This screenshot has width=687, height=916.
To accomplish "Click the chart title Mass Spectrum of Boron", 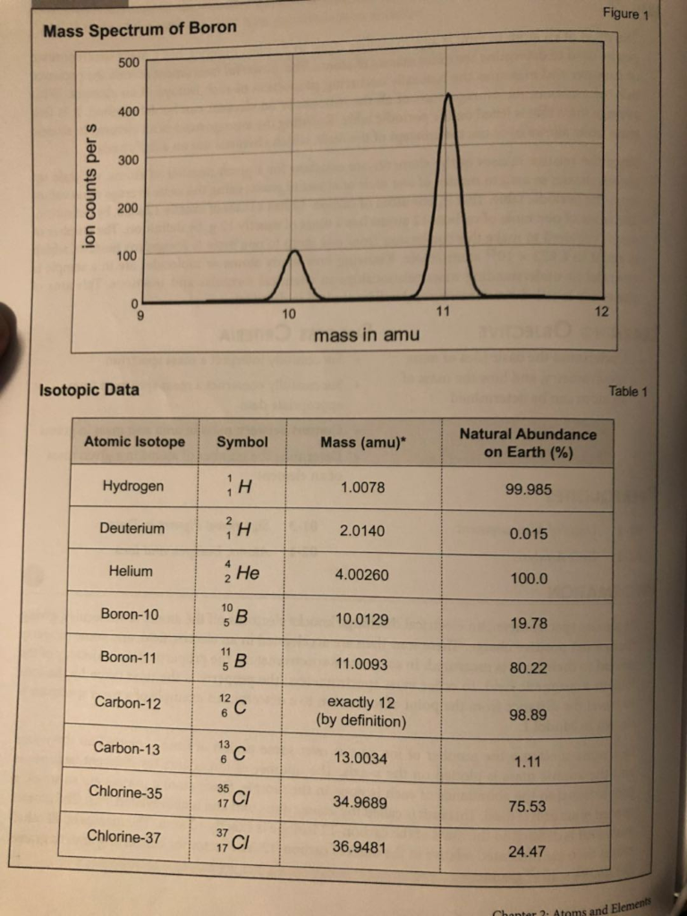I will click(140, 28).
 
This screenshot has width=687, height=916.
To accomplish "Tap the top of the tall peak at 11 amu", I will click(448, 95).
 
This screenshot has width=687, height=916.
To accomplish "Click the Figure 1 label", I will click(620, 14).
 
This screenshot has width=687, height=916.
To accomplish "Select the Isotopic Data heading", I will click(89, 390).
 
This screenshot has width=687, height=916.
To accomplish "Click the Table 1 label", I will click(626, 392).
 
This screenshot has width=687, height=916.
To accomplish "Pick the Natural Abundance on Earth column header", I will click(527, 443).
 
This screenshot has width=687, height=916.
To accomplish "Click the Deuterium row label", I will click(131, 528).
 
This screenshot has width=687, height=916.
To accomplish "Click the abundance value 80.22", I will click(527, 667).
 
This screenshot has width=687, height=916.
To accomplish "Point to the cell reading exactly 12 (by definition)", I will click(361, 711).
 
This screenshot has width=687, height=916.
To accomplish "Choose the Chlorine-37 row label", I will click(124, 836).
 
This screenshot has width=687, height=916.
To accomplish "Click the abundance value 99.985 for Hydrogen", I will click(528, 489).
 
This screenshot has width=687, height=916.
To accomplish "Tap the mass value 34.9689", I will click(360, 802).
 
